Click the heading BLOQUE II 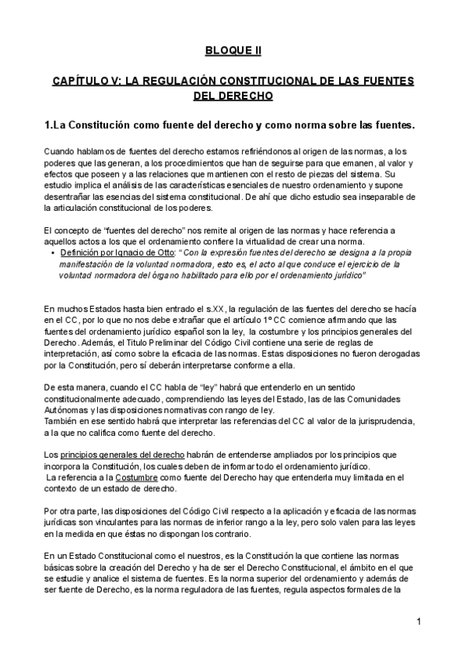point(233,51)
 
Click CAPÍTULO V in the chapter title point(87,81)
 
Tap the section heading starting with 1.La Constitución point(229,125)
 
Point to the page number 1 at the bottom point(419,621)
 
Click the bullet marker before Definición point(52,254)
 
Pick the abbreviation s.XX point(183,309)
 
